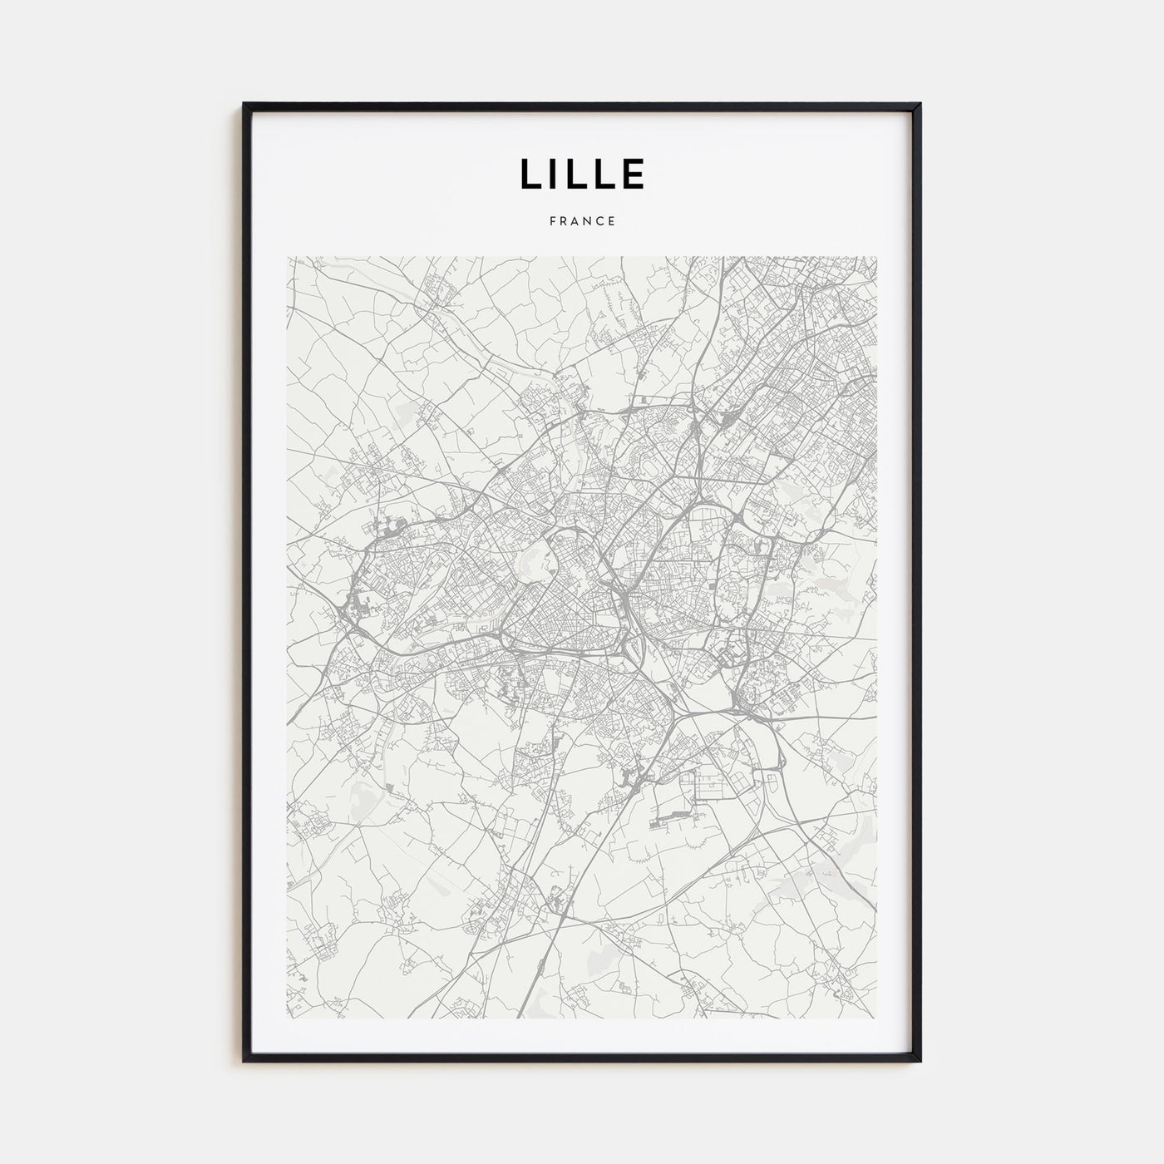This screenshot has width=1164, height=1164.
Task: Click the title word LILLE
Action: [x=582, y=173]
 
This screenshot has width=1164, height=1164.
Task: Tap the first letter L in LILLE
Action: [x=529, y=173]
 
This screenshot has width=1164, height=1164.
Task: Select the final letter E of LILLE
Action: [x=634, y=173]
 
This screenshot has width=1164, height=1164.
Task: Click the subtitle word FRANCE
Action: [x=582, y=221]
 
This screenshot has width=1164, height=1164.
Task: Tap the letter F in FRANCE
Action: [x=552, y=221]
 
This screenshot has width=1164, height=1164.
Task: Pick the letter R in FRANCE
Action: [x=564, y=221]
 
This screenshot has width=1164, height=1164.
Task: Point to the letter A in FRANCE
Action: [x=575, y=221]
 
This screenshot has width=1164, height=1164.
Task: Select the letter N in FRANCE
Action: [x=588, y=221]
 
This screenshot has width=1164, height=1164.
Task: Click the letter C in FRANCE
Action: [x=600, y=221]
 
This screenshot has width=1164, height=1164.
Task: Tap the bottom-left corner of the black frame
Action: [x=244, y=1060]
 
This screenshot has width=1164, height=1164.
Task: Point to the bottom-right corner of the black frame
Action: [x=920, y=1060]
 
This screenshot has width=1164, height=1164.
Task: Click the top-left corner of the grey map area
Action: [x=287, y=256]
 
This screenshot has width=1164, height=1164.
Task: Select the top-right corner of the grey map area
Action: [x=877, y=256]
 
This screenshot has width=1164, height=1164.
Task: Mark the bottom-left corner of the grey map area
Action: [x=287, y=1019]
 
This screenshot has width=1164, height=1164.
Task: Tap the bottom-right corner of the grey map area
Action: [x=877, y=1019]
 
